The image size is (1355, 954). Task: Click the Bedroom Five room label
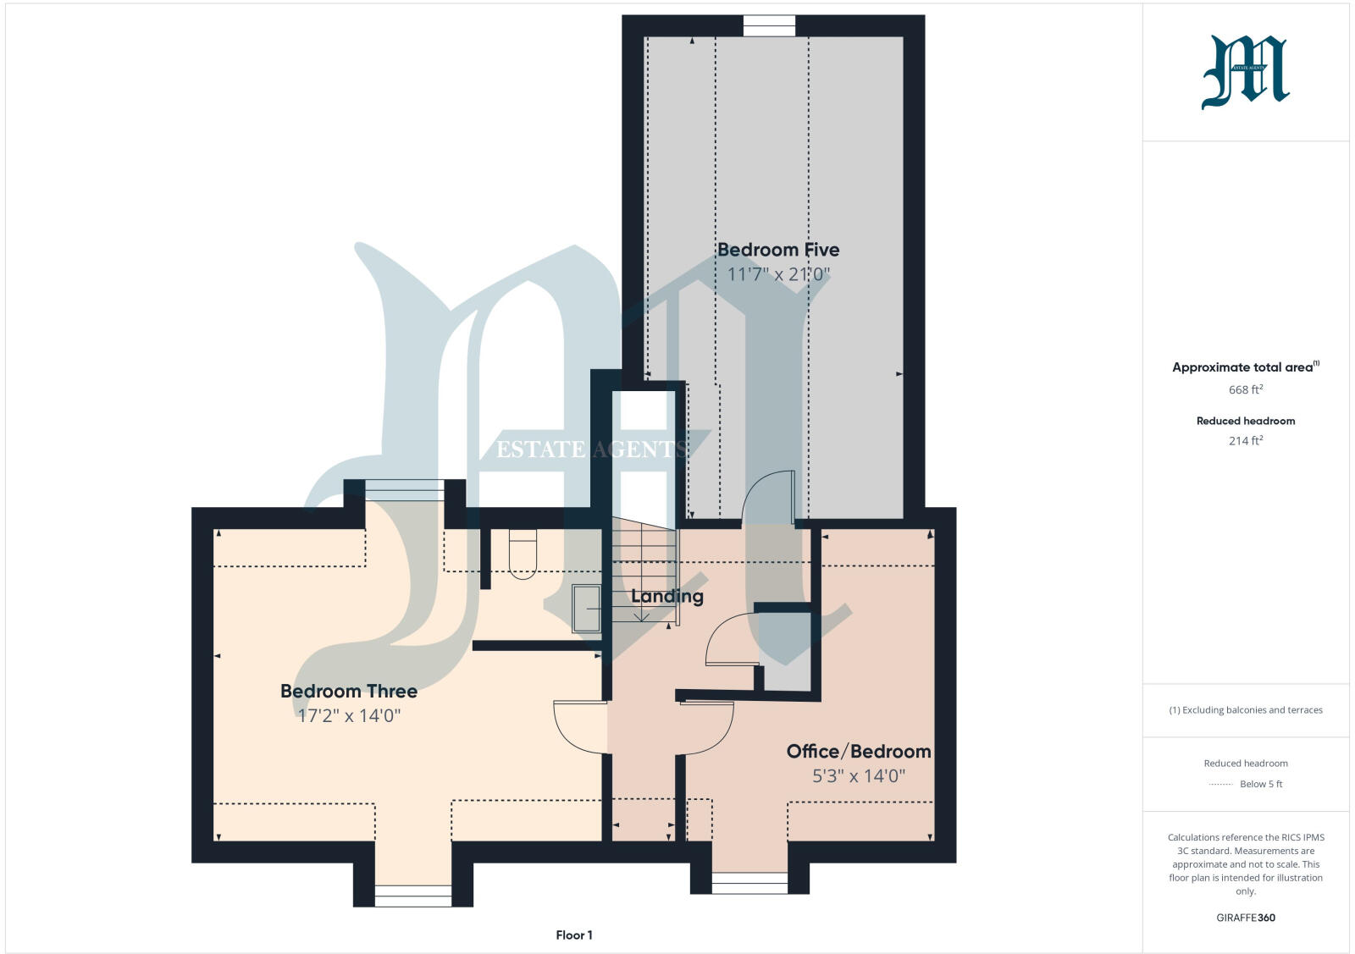click(777, 250)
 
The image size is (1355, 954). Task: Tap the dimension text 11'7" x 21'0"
click(777, 274)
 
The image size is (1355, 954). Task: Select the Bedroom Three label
click(348, 691)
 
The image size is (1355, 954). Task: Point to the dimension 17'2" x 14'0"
click(348, 715)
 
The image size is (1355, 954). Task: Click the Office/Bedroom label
click(858, 751)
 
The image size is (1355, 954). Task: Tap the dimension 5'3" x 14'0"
click(858, 775)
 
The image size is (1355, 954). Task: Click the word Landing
click(666, 596)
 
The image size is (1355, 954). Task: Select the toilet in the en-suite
click(523, 554)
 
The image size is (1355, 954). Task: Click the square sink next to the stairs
click(586, 608)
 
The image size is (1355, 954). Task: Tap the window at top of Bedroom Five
click(769, 27)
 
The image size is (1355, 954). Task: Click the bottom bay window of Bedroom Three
click(412, 896)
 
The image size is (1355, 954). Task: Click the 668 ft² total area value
click(1245, 389)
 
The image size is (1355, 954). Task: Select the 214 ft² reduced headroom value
click(1245, 440)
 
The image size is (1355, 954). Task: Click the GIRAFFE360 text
click(1245, 918)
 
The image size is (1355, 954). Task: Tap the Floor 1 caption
click(573, 935)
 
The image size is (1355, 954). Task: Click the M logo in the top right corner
click(1245, 72)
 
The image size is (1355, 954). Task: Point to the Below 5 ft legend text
click(1260, 784)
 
